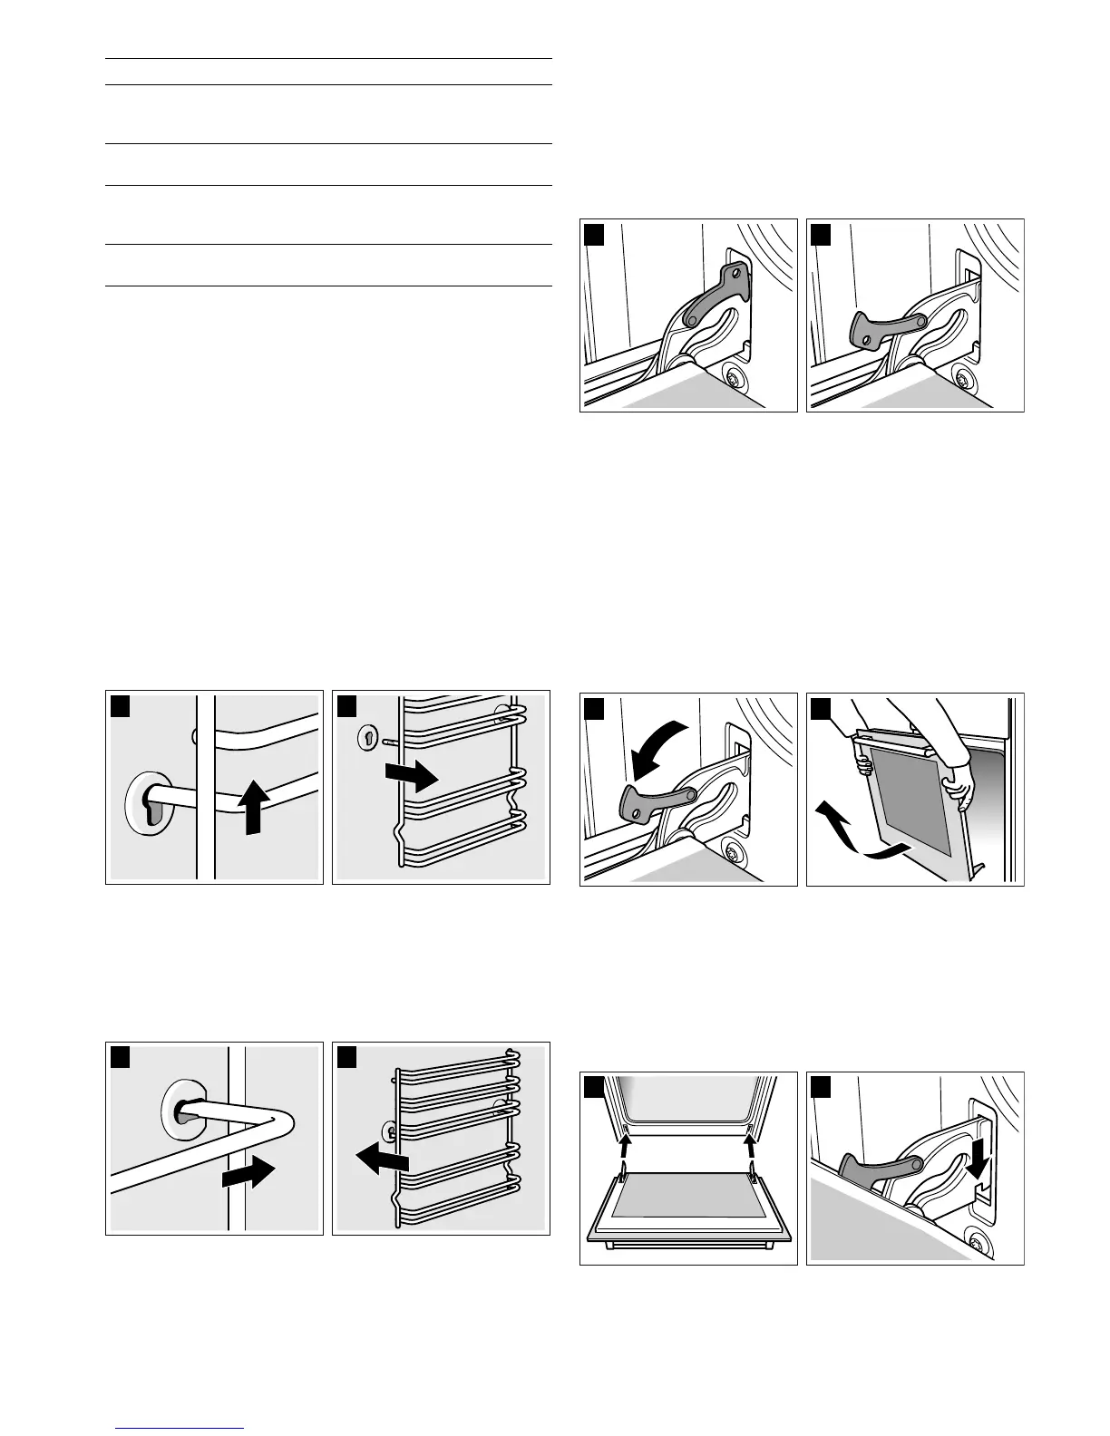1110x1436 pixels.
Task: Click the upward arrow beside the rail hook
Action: click(258, 809)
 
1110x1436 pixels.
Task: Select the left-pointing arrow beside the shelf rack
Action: click(381, 1158)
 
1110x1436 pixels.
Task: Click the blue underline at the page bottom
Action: click(179, 1429)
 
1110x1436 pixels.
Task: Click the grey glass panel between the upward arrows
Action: click(686, 1196)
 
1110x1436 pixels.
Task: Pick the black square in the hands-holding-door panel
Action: click(821, 707)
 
